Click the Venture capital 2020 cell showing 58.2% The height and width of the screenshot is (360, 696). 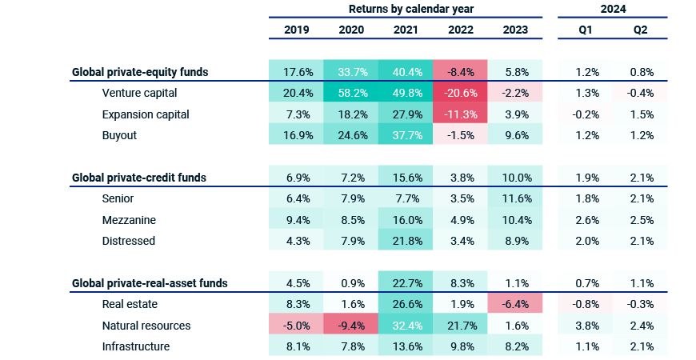tap(351, 93)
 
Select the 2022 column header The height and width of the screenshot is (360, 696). tap(461, 30)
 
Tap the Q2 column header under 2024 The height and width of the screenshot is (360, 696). tap(640, 30)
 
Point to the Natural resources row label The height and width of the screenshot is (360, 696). tap(146, 326)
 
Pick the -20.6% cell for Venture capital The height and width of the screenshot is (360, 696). tap(461, 93)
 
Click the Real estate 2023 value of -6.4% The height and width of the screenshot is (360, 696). tap(515, 304)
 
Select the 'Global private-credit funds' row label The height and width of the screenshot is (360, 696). tap(139, 177)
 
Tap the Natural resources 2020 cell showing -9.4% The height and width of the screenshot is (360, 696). tap(351, 326)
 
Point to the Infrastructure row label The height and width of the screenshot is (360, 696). tap(136, 346)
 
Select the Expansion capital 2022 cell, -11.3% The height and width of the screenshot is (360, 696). tap(461, 114)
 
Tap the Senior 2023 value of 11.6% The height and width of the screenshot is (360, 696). tap(515, 198)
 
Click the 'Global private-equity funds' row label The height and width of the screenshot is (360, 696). tap(140, 71)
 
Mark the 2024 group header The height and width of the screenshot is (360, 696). tap(612, 9)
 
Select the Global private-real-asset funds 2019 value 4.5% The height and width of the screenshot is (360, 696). tap(297, 282)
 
